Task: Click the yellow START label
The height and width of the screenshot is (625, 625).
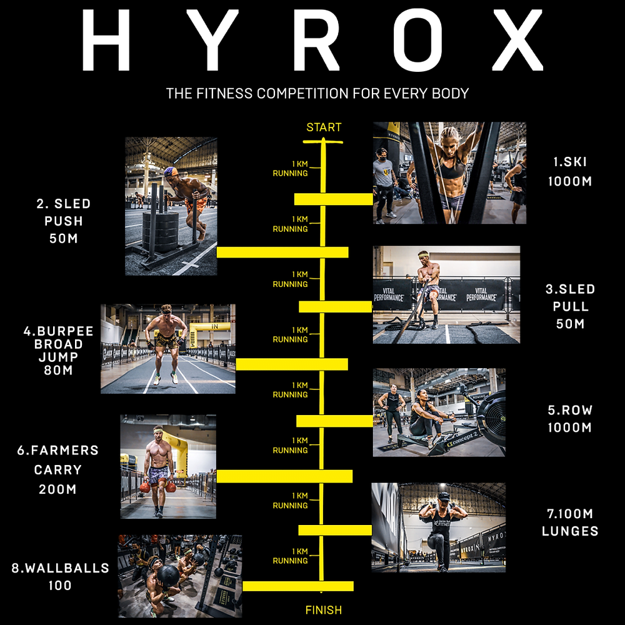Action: (x=324, y=127)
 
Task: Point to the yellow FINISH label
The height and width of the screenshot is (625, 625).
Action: (x=323, y=610)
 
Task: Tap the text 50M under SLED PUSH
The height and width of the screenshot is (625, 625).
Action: (x=64, y=238)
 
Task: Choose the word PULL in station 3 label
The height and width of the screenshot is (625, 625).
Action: (x=571, y=307)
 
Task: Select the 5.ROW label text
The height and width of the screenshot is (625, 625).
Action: (x=570, y=411)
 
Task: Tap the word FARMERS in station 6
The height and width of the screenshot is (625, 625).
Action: (x=57, y=450)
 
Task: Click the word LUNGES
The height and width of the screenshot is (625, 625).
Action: (x=570, y=531)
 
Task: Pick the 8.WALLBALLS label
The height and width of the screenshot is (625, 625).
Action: (x=60, y=568)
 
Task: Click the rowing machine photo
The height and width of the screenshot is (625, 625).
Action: (x=439, y=412)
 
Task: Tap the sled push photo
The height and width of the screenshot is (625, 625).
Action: (x=171, y=206)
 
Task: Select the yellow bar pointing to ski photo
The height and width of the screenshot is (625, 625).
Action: (x=333, y=199)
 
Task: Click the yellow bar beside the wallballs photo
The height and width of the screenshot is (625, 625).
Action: (x=297, y=586)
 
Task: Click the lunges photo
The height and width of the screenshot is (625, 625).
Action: (x=438, y=527)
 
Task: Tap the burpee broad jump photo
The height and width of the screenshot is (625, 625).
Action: (x=168, y=349)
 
